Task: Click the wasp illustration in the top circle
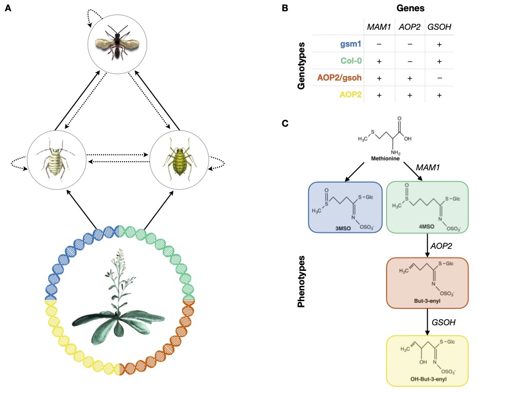tap(117, 41)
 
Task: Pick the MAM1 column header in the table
tap(378, 27)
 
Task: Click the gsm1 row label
tap(351, 44)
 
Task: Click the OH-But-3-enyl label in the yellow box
tap(427, 379)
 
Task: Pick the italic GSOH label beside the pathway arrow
tap(443, 322)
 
